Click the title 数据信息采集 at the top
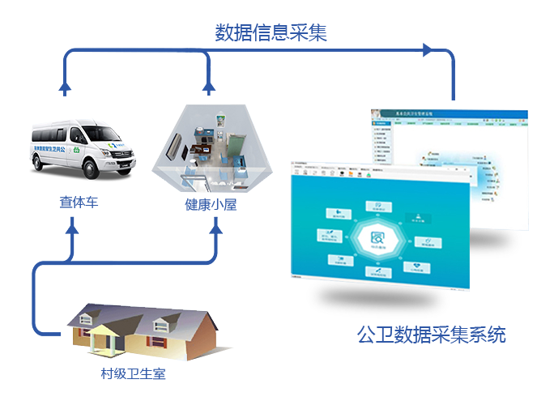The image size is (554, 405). tap(271, 32)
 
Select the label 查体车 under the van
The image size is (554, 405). tap(79, 202)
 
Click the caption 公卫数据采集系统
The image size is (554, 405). tap(431, 335)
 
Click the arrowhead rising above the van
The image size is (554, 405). tap(66, 87)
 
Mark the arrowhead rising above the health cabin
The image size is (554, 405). tap(210, 87)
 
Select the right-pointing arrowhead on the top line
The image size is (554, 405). tap(427, 50)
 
